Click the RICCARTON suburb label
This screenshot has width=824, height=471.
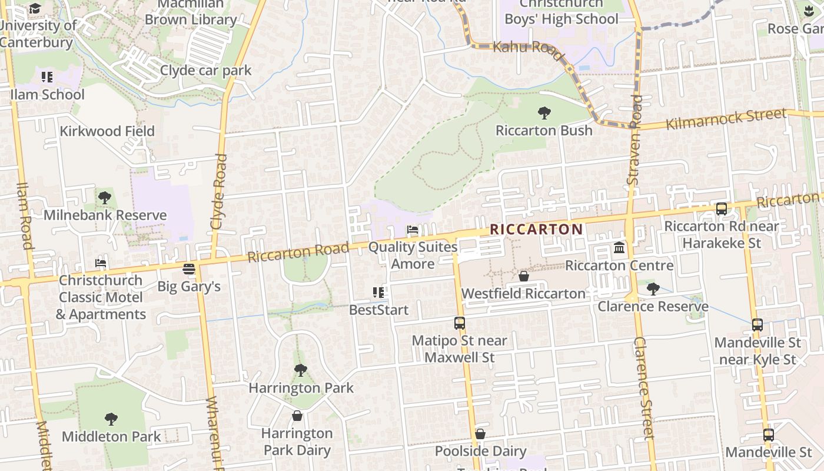[x=536, y=229]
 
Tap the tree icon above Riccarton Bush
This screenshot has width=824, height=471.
[x=544, y=112]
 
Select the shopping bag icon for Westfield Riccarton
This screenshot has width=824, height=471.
[x=523, y=276]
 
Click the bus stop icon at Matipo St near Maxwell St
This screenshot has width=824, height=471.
[x=460, y=323]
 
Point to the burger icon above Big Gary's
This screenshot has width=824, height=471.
[x=189, y=269]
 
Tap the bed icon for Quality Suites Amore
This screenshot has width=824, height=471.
[x=413, y=230]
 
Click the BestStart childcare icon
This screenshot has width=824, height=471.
[x=378, y=292]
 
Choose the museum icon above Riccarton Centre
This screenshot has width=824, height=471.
[x=619, y=248]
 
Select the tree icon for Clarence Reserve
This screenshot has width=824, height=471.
[x=653, y=288]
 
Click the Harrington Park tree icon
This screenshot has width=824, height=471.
[x=301, y=370]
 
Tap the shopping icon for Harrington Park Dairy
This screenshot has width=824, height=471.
[x=297, y=416]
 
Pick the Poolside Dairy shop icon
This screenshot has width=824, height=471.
[x=480, y=434]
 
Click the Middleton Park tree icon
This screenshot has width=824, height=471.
[x=111, y=419]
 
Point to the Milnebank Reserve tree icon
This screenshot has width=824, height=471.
[x=105, y=197]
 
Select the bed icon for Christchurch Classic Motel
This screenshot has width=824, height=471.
[x=101, y=263]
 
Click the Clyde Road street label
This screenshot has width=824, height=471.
[x=218, y=191]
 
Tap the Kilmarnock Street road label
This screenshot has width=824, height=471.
[x=726, y=119]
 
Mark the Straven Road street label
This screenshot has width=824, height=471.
[x=634, y=140]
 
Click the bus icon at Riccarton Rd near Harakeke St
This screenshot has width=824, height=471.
[x=721, y=208]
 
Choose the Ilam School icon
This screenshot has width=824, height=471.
[x=47, y=77]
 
